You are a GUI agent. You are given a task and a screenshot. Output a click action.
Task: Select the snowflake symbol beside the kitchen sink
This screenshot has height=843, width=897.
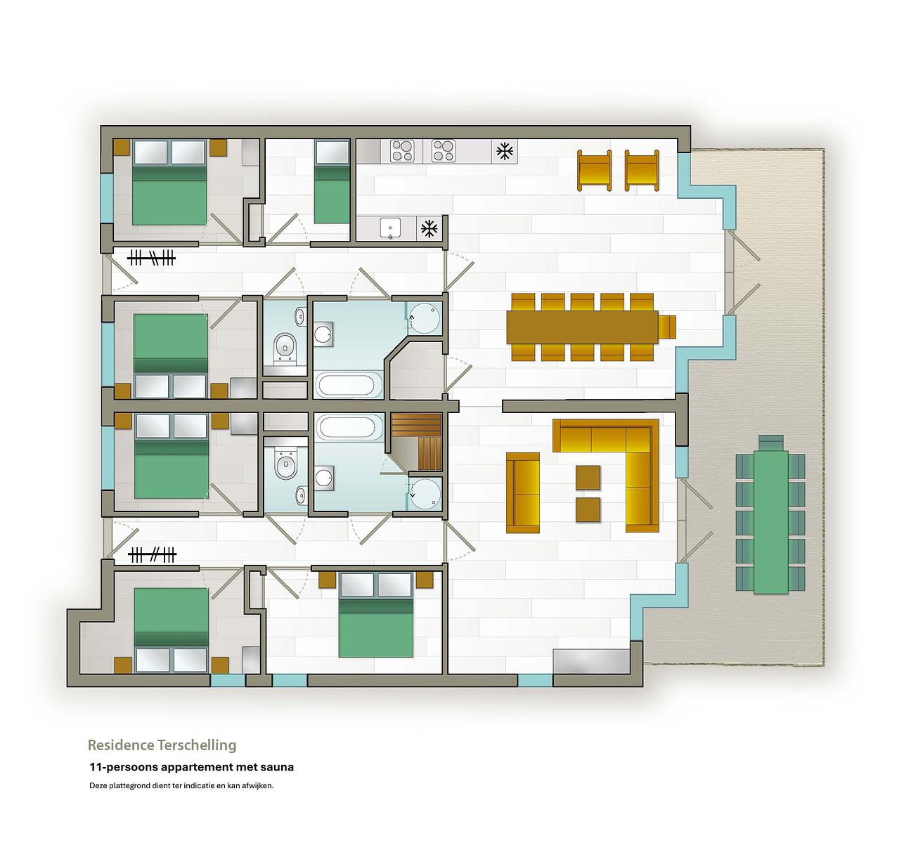click(429, 229)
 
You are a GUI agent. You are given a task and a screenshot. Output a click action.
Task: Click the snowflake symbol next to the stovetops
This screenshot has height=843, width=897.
click(505, 151)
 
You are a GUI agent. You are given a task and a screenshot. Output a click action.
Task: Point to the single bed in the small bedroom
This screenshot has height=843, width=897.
click(332, 182)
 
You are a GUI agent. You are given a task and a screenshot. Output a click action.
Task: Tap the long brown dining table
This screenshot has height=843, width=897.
click(582, 327)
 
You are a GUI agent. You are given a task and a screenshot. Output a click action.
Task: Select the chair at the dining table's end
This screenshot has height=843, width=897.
click(667, 327)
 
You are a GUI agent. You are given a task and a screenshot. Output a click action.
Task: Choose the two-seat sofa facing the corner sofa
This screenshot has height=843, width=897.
click(523, 492)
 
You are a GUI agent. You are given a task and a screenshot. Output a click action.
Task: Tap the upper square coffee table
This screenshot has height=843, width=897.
click(588, 478)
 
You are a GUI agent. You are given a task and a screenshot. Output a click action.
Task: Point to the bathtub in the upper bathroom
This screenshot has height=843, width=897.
click(348, 385)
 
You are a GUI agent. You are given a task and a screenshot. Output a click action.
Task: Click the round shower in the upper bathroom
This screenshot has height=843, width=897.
click(423, 318)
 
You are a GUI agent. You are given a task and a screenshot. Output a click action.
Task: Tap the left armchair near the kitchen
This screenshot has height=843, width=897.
click(595, 170)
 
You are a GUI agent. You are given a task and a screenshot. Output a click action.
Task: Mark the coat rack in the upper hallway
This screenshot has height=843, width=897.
click(151, 259)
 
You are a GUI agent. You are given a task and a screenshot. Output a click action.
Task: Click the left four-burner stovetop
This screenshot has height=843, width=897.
click(402, 151)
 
